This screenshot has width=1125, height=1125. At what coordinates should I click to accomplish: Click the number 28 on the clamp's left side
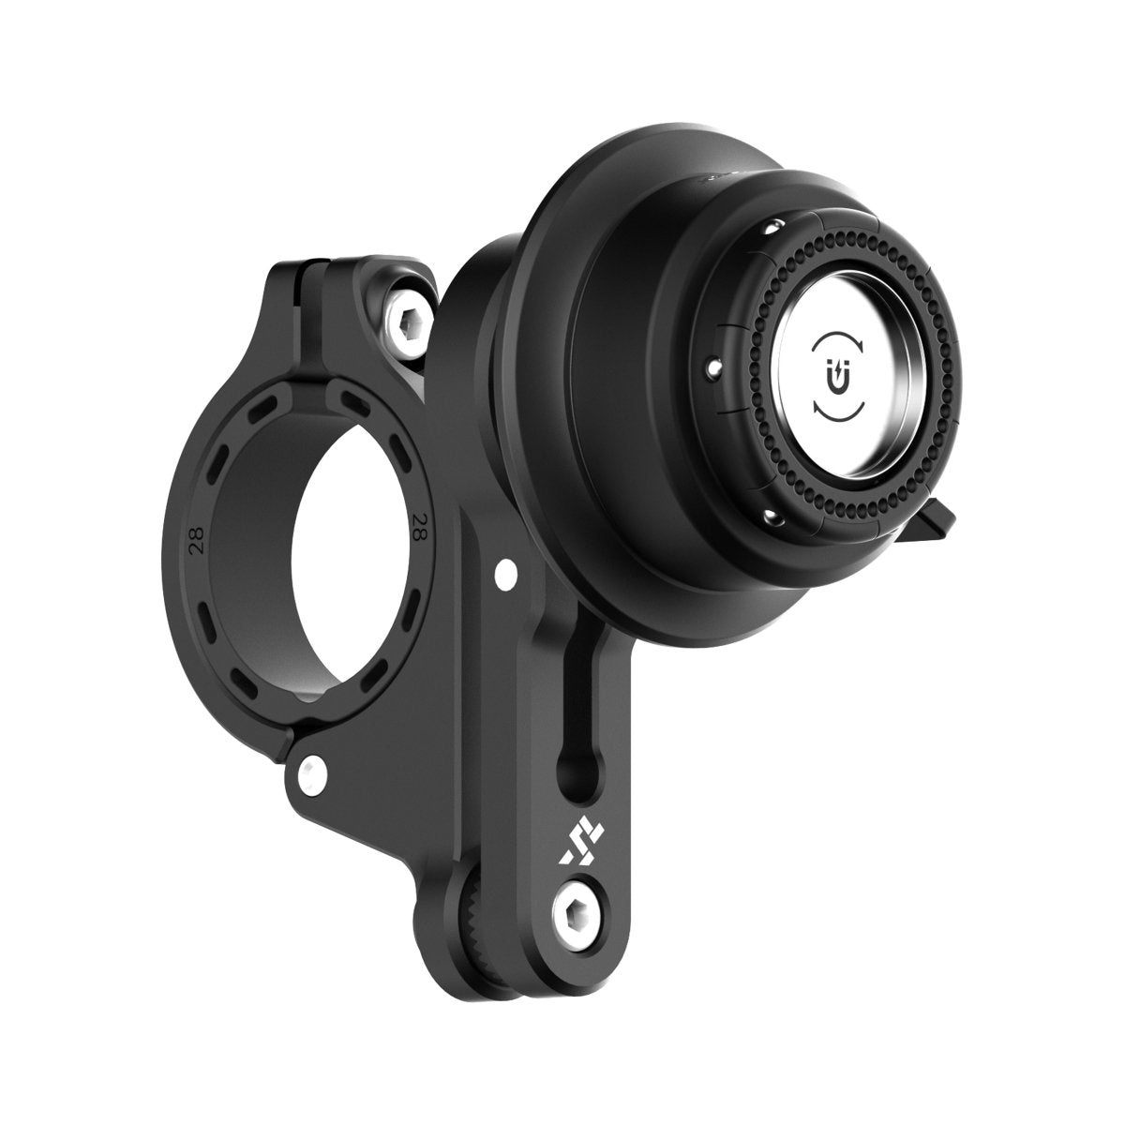[x=199, y=547]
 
